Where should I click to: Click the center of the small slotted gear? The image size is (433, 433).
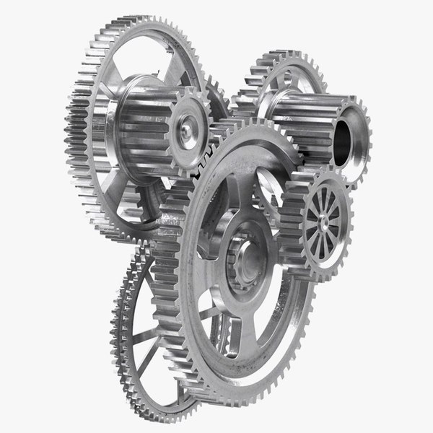322,216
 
